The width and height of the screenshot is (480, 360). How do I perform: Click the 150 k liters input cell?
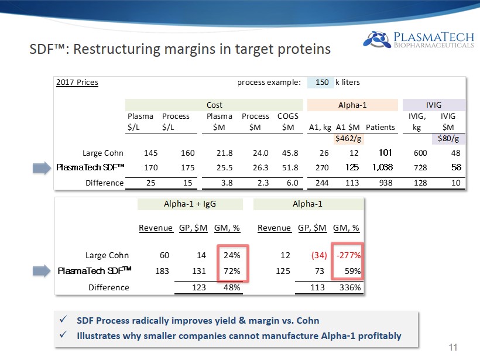click(321, 83)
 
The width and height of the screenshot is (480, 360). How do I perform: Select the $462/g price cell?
click(348, 139)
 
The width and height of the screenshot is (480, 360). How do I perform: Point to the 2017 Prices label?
click(77, 83)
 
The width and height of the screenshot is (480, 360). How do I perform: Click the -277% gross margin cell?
click(348, 255)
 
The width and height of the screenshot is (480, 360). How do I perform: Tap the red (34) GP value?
click(313, 255)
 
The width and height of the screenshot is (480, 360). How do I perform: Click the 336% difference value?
click(349, 287)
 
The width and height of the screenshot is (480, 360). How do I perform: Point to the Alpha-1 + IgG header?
click(190, 204)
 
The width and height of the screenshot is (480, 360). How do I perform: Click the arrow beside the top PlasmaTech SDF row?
click(42, 168)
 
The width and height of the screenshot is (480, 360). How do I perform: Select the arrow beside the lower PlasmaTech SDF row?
click(42, 270)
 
